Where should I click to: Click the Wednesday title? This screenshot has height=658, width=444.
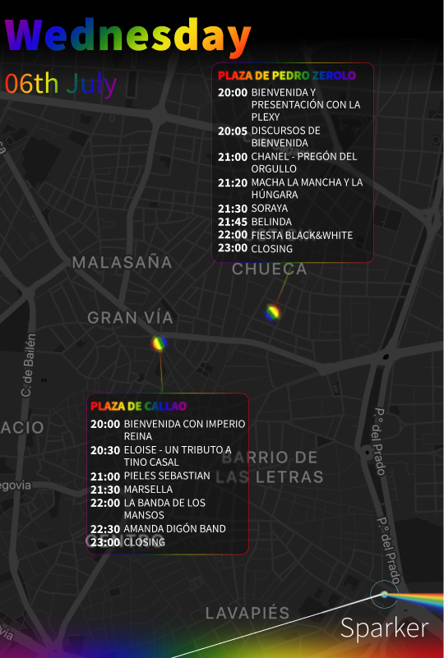pos(127,36)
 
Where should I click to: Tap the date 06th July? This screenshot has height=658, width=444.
pos(61,84)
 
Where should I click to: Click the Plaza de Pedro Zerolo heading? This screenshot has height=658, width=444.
pos(286,76)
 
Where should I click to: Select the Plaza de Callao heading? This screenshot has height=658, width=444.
pos(138,406)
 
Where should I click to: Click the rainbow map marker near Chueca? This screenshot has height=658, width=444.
pos(272,312)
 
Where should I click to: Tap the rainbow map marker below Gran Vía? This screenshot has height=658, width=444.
pos(160,343)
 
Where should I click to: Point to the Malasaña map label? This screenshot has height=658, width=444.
pos(122,263)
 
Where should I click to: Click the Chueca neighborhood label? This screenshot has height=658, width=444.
pos(269,269)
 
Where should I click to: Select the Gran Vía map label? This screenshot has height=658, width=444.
pos(130,318)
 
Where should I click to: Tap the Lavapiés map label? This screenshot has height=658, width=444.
pos(247,614)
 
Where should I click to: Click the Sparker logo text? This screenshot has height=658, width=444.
pos(384,628)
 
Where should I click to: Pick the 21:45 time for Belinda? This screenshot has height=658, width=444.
pos(232,222)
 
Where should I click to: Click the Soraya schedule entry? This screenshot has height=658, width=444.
pos(270,209)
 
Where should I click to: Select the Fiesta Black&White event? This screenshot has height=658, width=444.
pos(302,235)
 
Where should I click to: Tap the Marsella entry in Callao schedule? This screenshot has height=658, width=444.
pos(148,489)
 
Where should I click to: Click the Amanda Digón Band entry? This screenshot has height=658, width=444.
pos(174,528)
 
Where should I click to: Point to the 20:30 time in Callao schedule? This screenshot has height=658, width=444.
pos(105,450)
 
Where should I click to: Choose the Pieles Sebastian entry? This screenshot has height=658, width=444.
pos(167,476)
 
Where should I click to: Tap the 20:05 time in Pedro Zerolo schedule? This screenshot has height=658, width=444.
pos(232,131)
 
